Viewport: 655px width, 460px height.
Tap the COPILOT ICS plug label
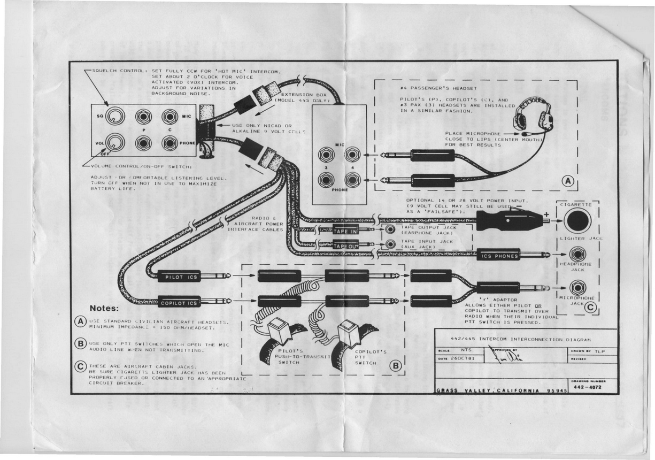click(179, 303)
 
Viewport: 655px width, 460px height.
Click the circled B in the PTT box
click(395, 366)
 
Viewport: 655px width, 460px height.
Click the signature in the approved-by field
click(500, 354)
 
